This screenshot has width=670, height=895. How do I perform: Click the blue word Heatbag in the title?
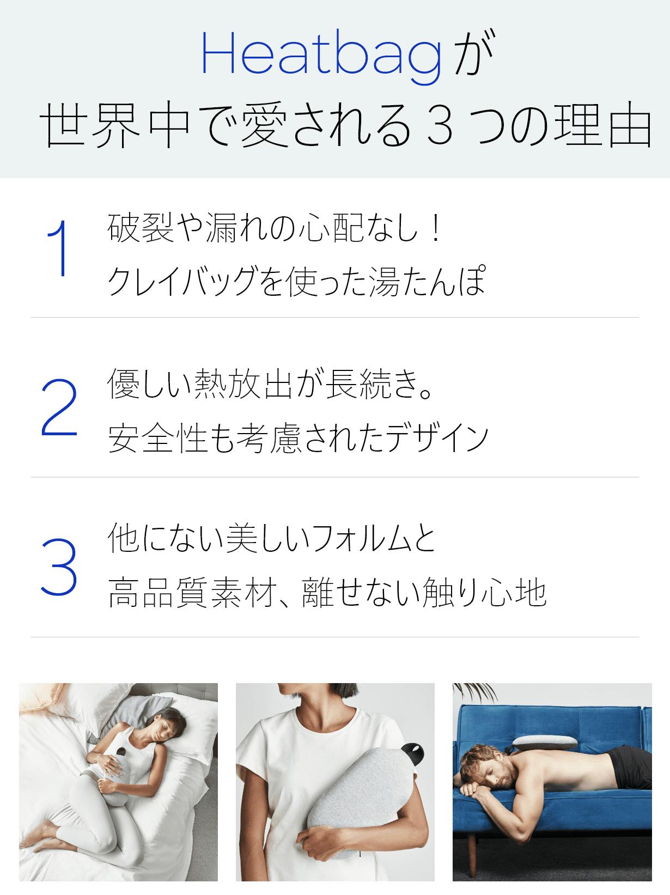321,57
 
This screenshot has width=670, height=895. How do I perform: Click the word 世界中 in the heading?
115,125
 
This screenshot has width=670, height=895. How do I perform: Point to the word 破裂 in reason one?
141,228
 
